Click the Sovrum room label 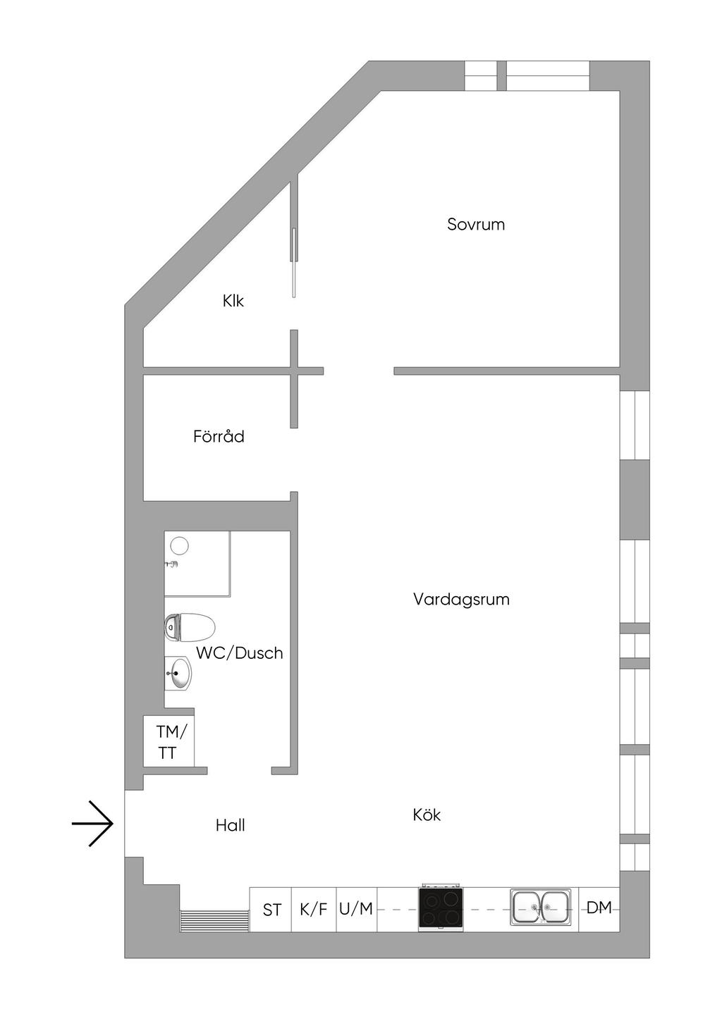coord(476,225)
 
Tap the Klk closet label coord(233,301)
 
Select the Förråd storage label coord(219,437)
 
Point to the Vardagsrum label coord(461,600)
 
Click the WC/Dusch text coord(239,653)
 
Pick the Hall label coord(230,825)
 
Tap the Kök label coord(427,815)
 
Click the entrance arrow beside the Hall coord(92,823)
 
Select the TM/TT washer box coord(168,742)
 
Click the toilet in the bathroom coord(190,626)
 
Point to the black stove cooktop coord(441,908)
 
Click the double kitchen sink coord(541,907)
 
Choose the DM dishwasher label coord(599,908)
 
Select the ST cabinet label coord(272,910)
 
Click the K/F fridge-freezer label coord(313,910)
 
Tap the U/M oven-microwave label coord(356,909)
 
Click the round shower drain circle coord(180,545)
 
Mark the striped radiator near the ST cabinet coord(214,921)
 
